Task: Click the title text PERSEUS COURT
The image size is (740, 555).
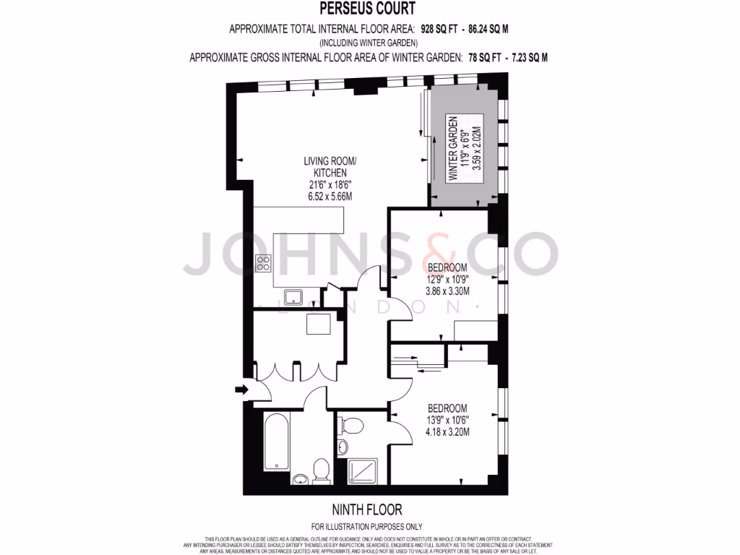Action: point(369,9)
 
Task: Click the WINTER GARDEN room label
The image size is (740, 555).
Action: point(453,148)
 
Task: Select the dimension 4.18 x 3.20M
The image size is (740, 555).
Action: point(447,432)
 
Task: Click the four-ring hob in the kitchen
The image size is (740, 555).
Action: point(263,262)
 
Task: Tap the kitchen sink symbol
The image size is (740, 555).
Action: point(293,295)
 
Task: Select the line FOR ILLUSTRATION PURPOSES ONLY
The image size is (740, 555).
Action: point(367,527)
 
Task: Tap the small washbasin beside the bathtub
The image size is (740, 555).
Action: point(301,478)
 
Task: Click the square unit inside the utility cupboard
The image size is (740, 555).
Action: point(319,324)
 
